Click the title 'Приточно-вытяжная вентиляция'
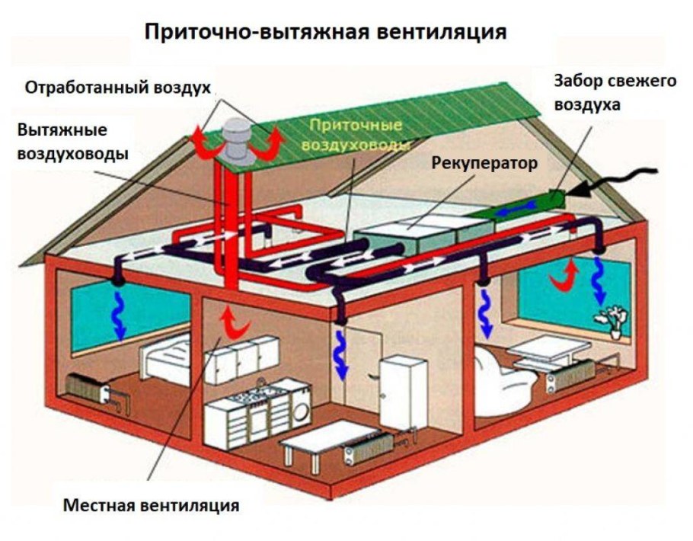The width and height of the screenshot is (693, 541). pyautogui.click(x=325, y=33)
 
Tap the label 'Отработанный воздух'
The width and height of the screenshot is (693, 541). pyautogui.click(x=117, y=87)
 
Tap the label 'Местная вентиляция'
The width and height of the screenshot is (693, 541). pyautogui.click(x=152, y=505)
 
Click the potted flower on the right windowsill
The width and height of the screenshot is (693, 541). pyautogui.click(x=615, y=319)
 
